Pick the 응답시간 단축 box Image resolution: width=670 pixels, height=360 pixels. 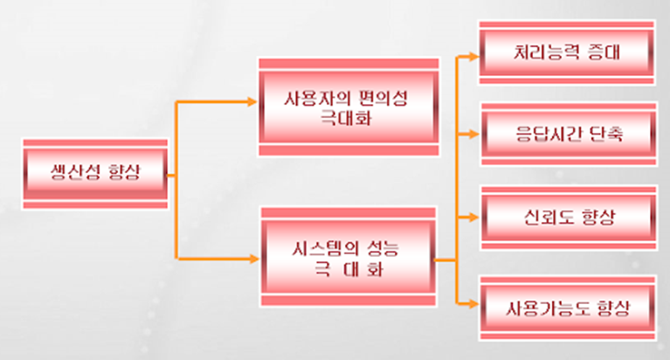[x=569, y=133]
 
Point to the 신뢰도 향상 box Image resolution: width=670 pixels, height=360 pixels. [x=569, y=217]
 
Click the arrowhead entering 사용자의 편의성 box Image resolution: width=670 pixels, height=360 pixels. [x=254, y=101]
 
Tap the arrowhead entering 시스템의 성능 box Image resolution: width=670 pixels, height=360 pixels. [x=254, y=259]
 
